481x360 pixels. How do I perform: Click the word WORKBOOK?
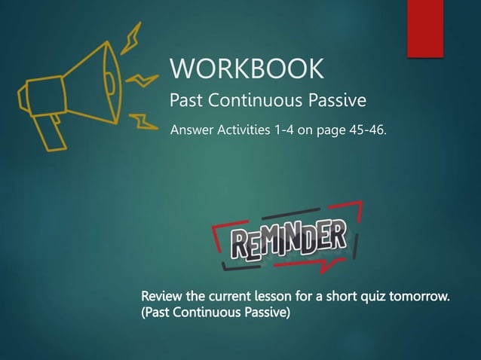pyautogui.click(x=247, y=69)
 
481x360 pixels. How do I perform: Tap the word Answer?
pyautogui.click(x=192, y=133)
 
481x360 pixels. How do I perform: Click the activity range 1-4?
pyautogui.click(x=286, y=133)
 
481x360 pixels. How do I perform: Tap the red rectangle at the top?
pyautogui.click(x=424, y=28)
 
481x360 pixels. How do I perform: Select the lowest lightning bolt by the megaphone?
pyautogui.click(x=140, y=120)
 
